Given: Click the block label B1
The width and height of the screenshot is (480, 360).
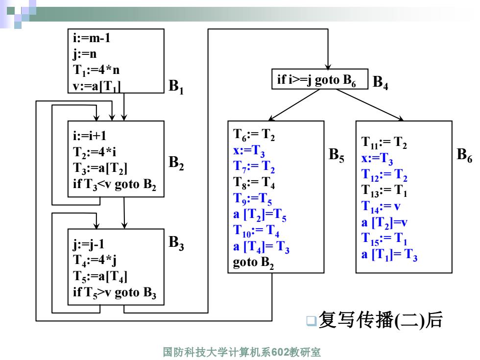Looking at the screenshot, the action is click(176, 87).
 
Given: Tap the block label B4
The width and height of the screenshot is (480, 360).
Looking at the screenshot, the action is click(380, 83).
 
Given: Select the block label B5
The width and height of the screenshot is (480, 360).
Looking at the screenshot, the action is click(336, 155).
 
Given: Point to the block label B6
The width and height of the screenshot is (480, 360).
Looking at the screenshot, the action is click(464, 155).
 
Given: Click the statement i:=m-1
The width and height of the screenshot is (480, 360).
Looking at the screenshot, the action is click(92, 38).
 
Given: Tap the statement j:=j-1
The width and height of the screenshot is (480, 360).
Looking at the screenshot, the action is click(89, 244).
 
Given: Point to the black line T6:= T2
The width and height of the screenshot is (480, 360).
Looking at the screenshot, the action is click(254, 135).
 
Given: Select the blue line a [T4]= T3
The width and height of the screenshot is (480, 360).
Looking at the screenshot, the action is click(261, 247).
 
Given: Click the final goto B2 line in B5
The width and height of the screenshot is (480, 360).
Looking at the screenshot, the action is click(253, 263).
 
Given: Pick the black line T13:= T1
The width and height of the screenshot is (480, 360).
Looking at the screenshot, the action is click(384, 191).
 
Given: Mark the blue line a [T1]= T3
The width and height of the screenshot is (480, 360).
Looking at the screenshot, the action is click(389, 255).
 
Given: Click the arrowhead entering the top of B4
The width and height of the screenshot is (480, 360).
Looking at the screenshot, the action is click(328, 67).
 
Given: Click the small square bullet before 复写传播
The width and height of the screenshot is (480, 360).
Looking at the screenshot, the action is click(312, 320).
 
